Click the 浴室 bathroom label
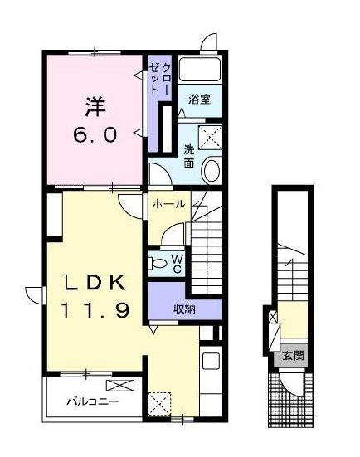(199, 100)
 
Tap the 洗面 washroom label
(189, 157)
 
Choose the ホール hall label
(168, 203)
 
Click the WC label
(178, 265)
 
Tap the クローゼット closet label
(160, 76)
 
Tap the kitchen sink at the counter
(211, 361)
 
